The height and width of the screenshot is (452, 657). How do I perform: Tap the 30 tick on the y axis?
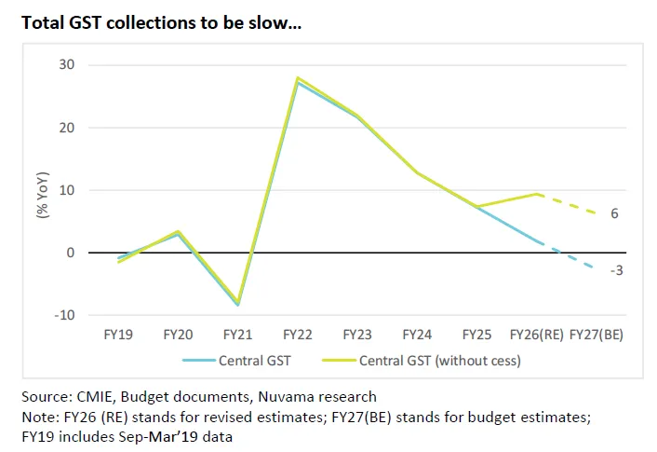point(68,64)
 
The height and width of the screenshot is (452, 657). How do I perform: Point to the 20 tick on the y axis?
point(68,127)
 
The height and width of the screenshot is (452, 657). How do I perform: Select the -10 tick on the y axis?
point(64,314)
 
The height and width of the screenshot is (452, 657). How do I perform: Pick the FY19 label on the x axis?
point(118,334)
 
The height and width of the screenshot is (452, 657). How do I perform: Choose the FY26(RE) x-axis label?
point(537,334)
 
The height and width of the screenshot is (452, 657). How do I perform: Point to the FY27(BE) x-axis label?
point(596,334)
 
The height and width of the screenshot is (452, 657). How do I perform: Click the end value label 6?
point(615,214)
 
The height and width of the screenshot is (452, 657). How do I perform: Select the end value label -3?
point(616,270)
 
